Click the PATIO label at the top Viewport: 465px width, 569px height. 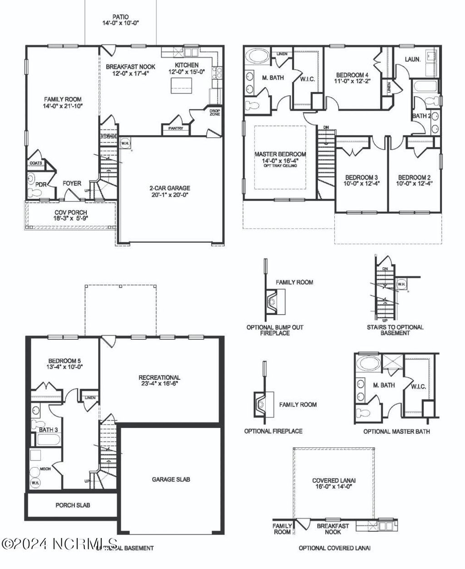[x=120, y=17]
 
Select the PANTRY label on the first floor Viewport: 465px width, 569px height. [x=175, y=128]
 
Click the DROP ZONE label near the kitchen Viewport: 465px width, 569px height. [x=214, y=112]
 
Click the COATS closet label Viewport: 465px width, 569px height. [x=36, y=163]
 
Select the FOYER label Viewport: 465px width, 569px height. [x=72, y=183]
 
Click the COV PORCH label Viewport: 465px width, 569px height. [x=71, y=212]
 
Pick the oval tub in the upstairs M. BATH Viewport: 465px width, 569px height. [x=258, y=58]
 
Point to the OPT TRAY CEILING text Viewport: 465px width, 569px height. [x=280, y=166]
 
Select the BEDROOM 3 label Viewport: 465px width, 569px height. [x=361, y=177]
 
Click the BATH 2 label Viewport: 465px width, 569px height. [x=422, y=116]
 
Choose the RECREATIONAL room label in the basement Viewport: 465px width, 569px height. [x=159, y=377]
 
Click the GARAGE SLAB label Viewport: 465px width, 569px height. [x=171, y=479]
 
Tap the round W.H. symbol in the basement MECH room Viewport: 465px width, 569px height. [x=35, y=484]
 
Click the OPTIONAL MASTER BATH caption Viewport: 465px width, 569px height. [x=396, y=431]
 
